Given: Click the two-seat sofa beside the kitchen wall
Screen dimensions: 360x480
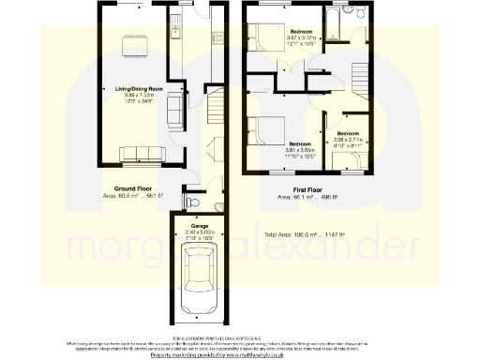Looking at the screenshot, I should pos(174,111).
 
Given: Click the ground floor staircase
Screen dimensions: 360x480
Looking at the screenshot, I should pos(216,116).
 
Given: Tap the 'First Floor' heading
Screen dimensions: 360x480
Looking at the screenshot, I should pos(294,189).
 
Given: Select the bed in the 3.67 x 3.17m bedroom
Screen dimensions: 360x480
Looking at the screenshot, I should pos(271,37).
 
